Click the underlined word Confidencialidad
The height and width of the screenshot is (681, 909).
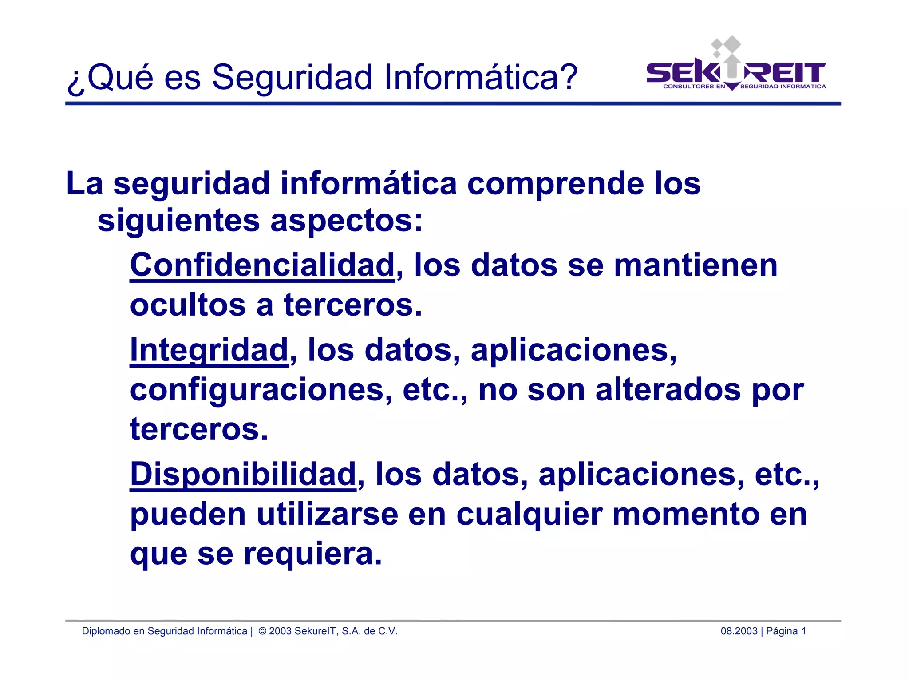click(x=262, y=265)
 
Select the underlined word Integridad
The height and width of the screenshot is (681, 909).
click(x=209, y=350)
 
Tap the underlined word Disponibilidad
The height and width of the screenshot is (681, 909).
click(x=243, y=474)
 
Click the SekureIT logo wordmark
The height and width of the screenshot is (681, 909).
click(x=735, y=74)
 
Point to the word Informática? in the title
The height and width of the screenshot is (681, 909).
click(x=480, y=77)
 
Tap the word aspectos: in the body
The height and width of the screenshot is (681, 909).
click(x=346, y=221)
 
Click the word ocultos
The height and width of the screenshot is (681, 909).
click(x=188, y=305)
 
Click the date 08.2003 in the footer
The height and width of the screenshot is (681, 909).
click(x=739, y=631)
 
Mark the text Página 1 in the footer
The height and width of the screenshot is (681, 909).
click(x=786, y=631)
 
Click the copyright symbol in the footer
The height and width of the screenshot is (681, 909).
click(x=262, y=631)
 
